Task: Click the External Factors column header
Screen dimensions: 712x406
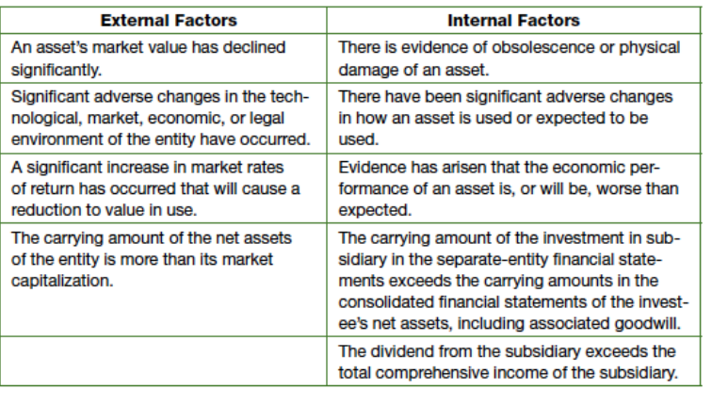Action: pyautogui.click(x=169, y=21)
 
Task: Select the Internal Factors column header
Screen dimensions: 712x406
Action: pyautogui.click(x=513, y=21)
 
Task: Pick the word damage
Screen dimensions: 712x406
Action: pyautogui.click(x=365, y=71)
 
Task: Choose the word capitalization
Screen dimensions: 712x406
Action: pyautogui.click(x=62, y=282)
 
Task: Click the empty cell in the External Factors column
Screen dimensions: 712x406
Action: pyautogui.click(x=164, y=362)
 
